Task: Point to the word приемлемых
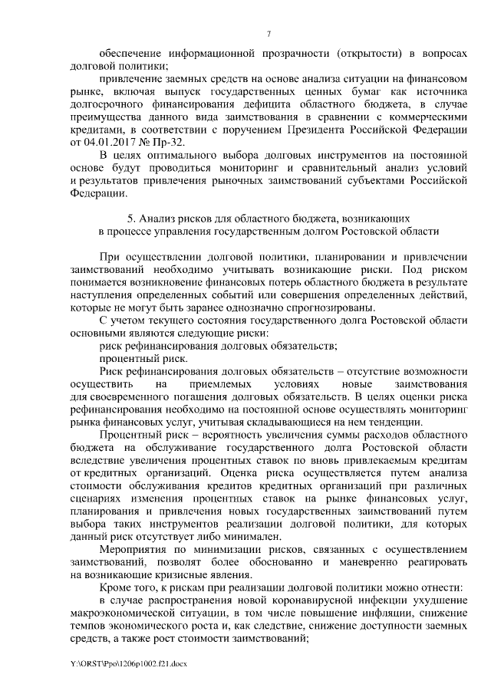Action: (x=216, y=383)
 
